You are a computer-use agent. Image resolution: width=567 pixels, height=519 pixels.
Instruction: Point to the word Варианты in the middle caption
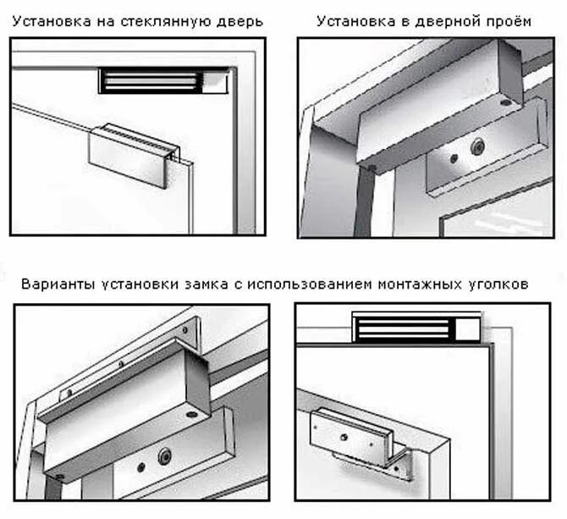58,284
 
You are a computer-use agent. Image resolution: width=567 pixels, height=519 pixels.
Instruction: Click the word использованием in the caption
307,284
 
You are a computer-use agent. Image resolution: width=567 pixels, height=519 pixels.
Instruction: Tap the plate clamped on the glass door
131,157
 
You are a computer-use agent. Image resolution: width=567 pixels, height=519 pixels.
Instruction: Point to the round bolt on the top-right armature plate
477,148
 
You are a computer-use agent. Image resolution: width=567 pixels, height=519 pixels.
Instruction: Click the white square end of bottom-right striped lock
467,327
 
